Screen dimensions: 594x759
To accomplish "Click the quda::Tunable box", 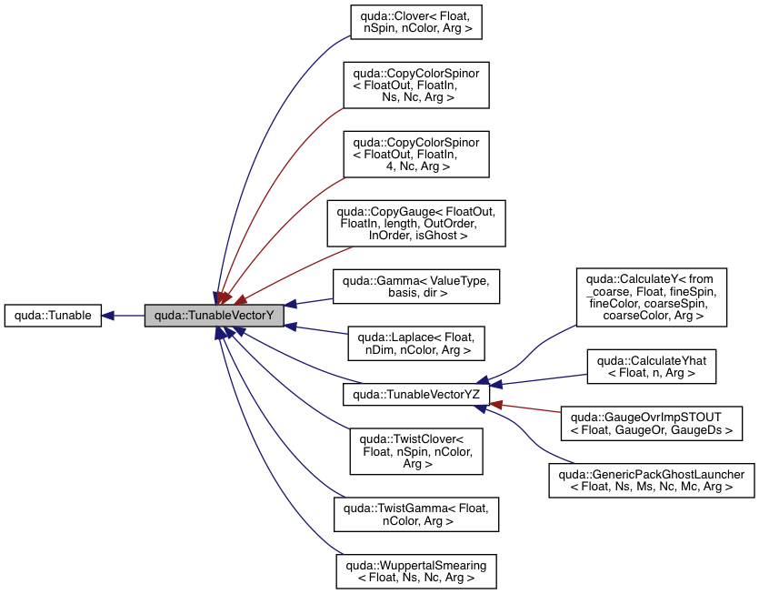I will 53,316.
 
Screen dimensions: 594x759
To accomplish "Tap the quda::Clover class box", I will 415,23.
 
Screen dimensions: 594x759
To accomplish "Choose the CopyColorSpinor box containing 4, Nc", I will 415,154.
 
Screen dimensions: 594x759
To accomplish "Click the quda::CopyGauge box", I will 415,223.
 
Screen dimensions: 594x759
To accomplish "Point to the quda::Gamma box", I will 415,287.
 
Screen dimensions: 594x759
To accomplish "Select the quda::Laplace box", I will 415,342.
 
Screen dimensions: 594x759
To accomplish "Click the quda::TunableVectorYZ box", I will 415,394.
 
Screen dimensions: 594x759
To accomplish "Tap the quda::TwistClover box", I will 415,450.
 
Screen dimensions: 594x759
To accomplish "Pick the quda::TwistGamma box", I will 415,514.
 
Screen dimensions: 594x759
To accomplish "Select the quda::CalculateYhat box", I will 652,366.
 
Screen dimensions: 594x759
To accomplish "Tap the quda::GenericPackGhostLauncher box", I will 652,479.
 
